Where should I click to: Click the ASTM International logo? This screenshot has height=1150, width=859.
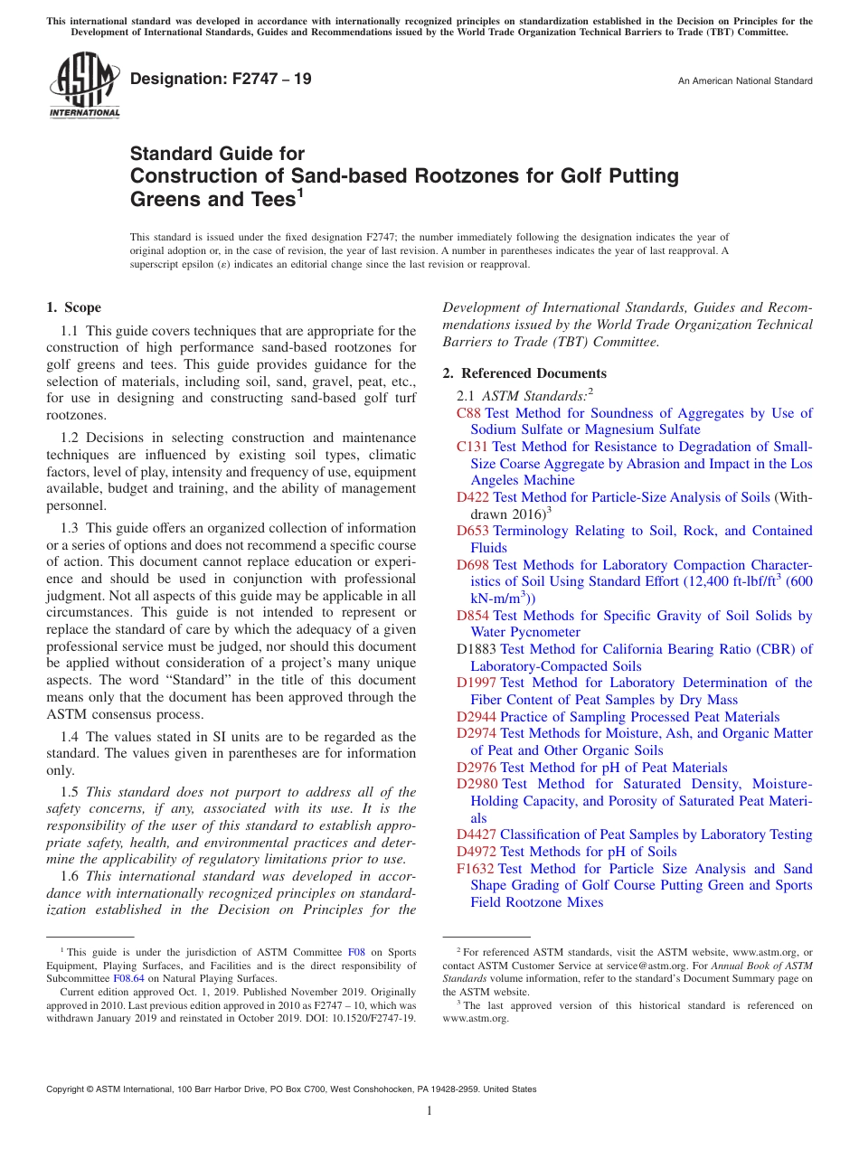point(83,88)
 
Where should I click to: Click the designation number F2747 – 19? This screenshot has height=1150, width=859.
point(221,80)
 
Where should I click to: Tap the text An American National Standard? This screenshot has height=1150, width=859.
point(745,81)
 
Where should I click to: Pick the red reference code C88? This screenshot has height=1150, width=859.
point(468,413)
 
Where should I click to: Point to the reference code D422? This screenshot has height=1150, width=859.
point(473,497)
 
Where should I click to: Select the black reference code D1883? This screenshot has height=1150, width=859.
point(477,649)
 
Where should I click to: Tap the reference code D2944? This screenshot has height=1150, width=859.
point(477,717)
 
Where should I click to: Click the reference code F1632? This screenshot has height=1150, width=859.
point(475,869)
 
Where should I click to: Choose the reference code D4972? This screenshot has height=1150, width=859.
point(477,852)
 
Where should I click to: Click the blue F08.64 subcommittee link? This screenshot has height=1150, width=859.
point(128,978)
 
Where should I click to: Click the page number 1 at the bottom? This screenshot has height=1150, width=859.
point(429,1111)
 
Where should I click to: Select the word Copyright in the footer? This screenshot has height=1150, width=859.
point(68,1089)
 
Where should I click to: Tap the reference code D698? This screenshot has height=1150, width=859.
point(473,565)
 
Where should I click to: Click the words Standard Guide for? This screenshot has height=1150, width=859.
point(218,154)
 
